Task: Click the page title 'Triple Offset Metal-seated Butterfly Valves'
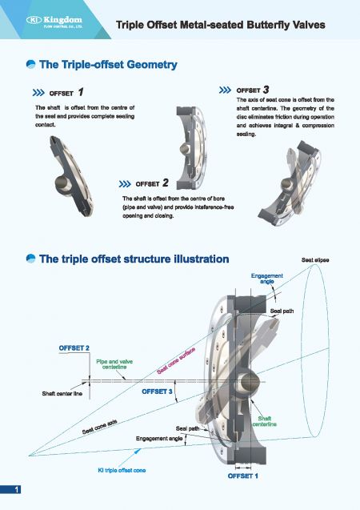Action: pos(220,25)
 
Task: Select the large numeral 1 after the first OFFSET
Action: pos(82,92)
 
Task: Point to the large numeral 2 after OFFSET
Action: pos(165,183)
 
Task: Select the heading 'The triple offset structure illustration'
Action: pos(134,259)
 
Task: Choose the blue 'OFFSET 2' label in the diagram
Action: pos(74,347)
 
